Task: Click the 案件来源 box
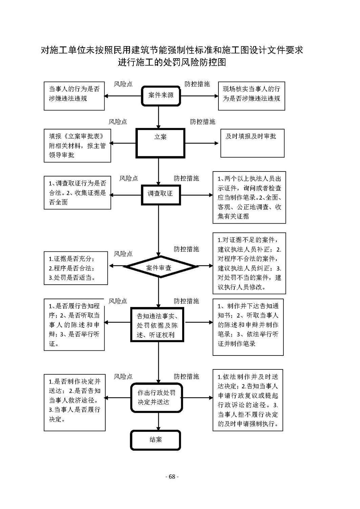(161, 96)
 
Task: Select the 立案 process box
(160, 143)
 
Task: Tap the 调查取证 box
(161, 195)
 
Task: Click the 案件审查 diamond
(160, 267)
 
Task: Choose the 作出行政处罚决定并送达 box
(156, 398)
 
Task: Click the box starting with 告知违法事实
(157, 325)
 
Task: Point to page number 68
(172, 477)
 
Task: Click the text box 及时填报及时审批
(252, 143)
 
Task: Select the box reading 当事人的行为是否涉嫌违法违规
(74, 96)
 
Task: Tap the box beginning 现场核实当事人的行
(251, 96)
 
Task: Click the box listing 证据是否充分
(76, 268)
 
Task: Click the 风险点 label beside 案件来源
(123, 84)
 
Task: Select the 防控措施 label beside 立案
(203, 122)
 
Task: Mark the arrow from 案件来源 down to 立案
(158, 117)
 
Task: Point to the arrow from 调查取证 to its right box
(197, 195)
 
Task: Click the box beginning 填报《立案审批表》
(77, 146)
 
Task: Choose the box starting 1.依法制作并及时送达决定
(248, 400)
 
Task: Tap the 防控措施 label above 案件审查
(187, 249)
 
